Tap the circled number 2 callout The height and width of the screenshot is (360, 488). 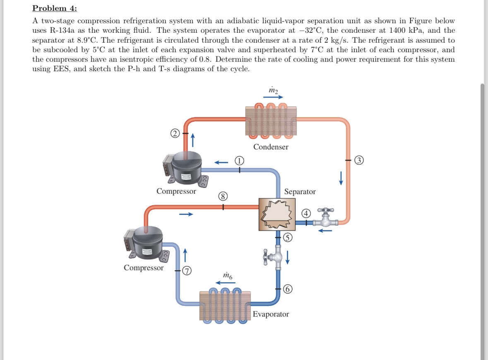[x=175, y=133]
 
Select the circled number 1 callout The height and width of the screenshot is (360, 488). [x=239, y=161]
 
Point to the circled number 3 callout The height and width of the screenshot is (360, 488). [x=361, y=160]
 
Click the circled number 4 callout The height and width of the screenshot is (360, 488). [x=306, y=214]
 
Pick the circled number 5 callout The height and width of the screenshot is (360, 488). [x=288, y=238]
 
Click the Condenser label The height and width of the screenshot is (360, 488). [x=271, y=147]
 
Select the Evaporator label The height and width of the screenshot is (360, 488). [x=271, y=314]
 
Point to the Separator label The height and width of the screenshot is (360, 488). [x=300, y=192]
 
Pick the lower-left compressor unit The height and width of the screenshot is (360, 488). [x=145, y=244]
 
